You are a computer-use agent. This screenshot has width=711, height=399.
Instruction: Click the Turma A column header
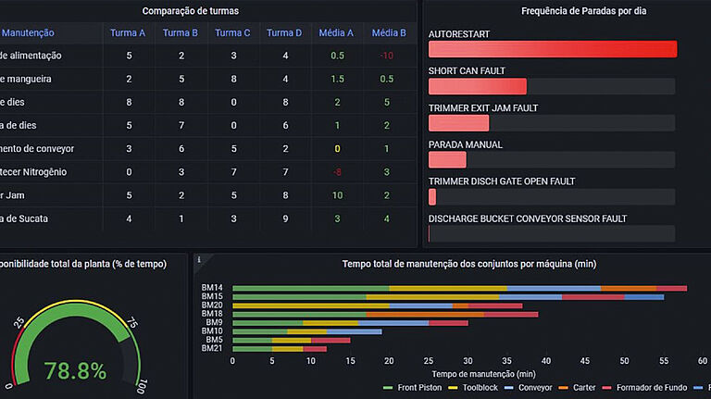[128, 33]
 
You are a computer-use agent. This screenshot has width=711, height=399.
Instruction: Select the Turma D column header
[284, 33]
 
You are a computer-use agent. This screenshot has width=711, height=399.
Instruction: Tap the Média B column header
[388, 33]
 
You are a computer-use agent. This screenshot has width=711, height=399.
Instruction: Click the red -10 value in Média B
[386, 56]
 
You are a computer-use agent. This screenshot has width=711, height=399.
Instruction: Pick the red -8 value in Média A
[337, 172]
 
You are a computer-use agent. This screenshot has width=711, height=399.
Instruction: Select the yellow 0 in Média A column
[337, 149]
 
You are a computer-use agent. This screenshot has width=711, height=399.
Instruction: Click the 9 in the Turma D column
[285, 218]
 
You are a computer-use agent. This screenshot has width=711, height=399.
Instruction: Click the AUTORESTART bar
[552, 49]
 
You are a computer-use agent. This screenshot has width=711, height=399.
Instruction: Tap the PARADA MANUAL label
[465, 145]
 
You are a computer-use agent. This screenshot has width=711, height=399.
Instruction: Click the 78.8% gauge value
[75, 372]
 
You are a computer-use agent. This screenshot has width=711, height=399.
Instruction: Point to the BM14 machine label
[212, 289]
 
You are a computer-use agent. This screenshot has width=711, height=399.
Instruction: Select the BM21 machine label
[212, 348]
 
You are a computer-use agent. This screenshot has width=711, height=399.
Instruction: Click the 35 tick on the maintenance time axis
[506, 361]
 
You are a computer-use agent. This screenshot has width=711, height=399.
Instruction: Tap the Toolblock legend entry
[480, 388]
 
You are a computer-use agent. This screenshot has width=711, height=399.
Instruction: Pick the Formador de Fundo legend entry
[651, 388]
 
